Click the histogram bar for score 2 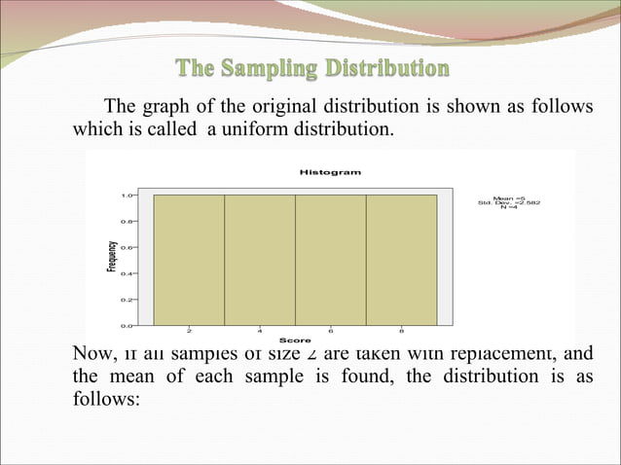click(189, 259)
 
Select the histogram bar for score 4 click(260, 259)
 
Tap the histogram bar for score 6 click(331, 259)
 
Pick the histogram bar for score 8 click(401, 259)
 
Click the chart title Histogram click(330, 172)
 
